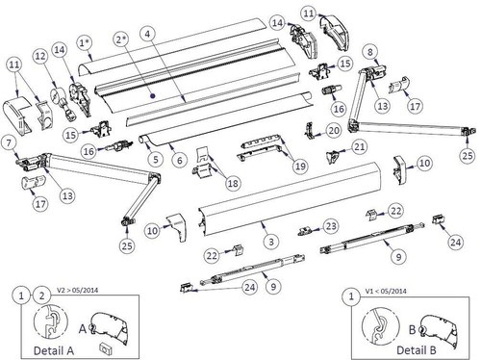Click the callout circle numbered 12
click(40, 57)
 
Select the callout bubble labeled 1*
click(85, 42)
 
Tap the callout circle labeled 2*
click(121, 39)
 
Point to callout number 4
click(147, 34)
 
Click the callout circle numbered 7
click(9, 143)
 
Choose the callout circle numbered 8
click(370, 52)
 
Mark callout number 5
click(156, 160)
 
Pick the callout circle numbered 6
click(179, 160)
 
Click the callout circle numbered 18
click(233, 183)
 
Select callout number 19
click(300, 167)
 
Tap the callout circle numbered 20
click(334, 131)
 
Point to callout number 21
click(359, 147)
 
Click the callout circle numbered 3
click(271, 242)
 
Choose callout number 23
click(331, 226)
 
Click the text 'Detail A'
click(54, 350)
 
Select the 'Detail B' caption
click(417, 350)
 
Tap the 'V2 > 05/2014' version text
click(78, 290)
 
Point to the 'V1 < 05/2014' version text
click(386, 291)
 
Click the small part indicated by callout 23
click(304, 231)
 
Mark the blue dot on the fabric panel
click(153, 95)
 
